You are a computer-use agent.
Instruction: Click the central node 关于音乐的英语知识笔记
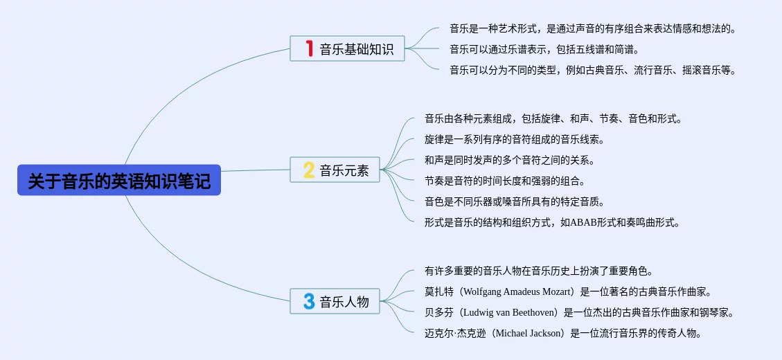[x=119, y=180]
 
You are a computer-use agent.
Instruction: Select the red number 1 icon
[x=309, y=49]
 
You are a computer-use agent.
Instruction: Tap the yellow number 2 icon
[x=309, y=170]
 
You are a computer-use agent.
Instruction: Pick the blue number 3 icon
[x=309, y=301]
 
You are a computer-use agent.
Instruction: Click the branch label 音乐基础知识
[x=357, y=49]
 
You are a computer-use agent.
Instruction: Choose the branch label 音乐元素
[x=344, y=170]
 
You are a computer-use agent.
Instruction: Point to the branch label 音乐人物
[x=344, y=301]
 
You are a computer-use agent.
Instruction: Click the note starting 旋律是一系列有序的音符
[x=514, y=140]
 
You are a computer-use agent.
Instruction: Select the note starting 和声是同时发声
[x=509, y=161]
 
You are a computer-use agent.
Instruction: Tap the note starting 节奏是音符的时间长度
[x=504, y=181]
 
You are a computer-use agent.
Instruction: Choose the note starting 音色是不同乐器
[x=514, y=202]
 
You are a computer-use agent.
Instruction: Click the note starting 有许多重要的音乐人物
[x=539, y=271]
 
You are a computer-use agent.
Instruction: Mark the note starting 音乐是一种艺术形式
[x=593, y=28]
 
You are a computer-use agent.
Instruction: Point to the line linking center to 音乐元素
[x=256, y=170]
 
